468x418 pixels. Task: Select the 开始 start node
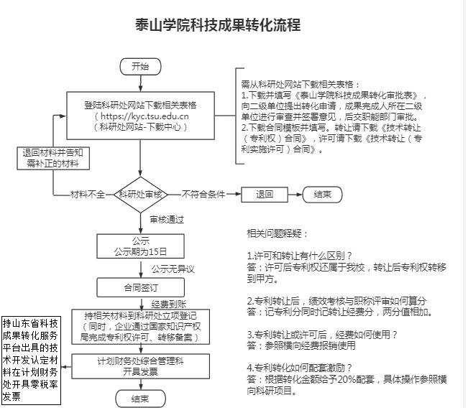(x=140, y=67)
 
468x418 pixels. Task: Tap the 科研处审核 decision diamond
(x=141, y=194)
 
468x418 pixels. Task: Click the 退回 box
(x=265, y=194)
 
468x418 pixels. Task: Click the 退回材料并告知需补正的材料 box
(x=53, y=158)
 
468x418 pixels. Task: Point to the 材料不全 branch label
(x=87, y=194)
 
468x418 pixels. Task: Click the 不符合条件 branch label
(x=203, y=194)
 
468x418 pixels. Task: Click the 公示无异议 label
(x=173, y=269)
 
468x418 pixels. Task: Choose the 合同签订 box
(x=140, y=287)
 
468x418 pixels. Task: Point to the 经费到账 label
(x=170, y=304)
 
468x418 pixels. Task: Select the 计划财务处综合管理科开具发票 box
(x=140, y=366)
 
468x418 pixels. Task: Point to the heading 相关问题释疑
(x=277, y=234)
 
